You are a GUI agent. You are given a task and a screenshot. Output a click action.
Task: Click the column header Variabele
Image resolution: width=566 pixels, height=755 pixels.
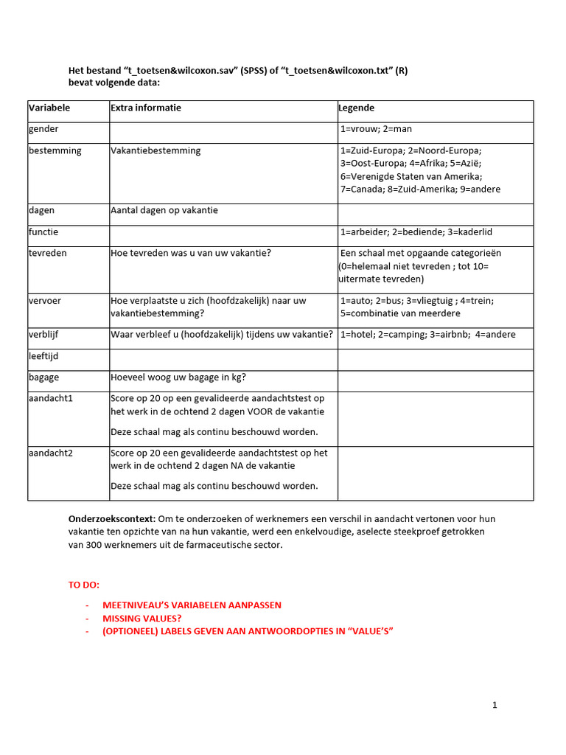tap(49, 108)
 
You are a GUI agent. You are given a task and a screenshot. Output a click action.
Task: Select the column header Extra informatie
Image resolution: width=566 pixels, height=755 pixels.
tap(146, 108)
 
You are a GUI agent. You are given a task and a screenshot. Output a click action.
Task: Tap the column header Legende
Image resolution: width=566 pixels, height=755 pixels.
tap(357, 108)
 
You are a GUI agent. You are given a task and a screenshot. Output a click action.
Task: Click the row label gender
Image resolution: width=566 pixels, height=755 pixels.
tap(43, 129)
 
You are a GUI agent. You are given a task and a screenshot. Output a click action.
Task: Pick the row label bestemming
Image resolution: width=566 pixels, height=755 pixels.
tap(55, 150)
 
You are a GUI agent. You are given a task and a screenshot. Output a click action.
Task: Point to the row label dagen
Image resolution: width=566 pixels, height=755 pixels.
tap(41, 210)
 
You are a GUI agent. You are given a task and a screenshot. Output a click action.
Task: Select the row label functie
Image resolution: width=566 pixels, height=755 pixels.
tap(43, 232)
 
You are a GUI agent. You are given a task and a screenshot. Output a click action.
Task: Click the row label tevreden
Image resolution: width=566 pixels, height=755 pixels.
tap(48, 253)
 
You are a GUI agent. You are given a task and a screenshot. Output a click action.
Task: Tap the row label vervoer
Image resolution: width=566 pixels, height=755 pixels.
tap(46, 301)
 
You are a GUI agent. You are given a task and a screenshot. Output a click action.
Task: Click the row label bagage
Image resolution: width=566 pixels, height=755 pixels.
tap(43, 377)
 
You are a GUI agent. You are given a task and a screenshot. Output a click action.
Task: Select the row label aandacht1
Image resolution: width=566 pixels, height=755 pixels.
tap(51, 398)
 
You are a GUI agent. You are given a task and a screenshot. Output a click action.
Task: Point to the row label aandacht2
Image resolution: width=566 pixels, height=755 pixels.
tap(51, 453)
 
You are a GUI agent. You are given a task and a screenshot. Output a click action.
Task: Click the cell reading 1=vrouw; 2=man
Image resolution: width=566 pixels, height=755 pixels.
tap(376, 129)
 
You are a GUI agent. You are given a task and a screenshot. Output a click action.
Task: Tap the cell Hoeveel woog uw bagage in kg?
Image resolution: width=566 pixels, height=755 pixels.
tap(178, 377)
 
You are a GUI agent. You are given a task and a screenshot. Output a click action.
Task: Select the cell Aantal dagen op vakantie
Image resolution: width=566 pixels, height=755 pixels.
tap(164, 210)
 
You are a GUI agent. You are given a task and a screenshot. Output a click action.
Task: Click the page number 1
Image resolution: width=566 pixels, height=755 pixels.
tap(495, 706)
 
